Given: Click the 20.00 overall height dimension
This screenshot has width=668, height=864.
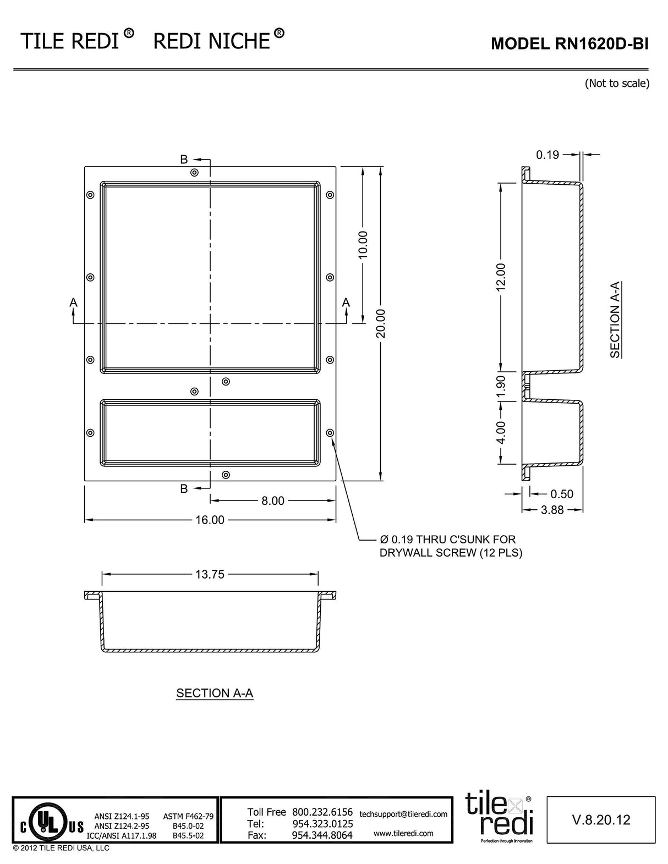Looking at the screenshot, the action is [x=381, y=323].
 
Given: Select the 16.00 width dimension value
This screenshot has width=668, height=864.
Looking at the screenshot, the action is [x=210, y=520].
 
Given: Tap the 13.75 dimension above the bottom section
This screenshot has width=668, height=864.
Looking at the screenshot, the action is [x=210, y=574].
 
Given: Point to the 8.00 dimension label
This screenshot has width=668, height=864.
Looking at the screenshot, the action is [x=273, y=500].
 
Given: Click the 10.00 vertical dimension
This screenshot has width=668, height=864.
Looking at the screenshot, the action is [x=363, y=245].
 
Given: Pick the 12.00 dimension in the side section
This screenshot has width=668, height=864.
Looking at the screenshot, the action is [x=501, y=277].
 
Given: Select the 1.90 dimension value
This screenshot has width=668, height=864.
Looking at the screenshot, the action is [x=501, y=386].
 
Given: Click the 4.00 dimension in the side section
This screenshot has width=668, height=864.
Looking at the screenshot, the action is [x=501, y=432].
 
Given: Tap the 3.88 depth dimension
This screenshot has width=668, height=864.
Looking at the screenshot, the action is [x=552, y=510].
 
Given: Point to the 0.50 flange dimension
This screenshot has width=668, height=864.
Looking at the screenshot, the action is [x=562, y=494].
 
